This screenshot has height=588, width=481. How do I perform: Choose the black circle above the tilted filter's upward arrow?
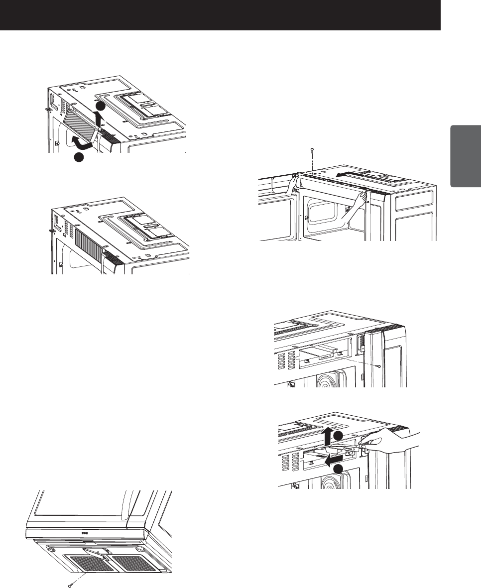tap(100, 107)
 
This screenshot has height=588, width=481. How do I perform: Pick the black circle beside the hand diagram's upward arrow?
tap(338, 436)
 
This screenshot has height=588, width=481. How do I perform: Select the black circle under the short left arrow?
tap(338, 469)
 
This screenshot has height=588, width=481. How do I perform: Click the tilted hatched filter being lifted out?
tap(82, 121)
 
